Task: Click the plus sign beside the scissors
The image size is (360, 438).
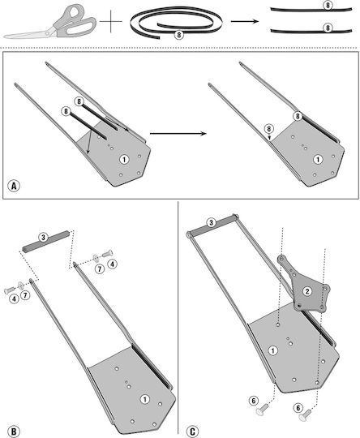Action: [111, 22]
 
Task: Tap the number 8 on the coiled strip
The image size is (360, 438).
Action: [178, 35]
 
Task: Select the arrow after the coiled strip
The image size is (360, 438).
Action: [245, 21]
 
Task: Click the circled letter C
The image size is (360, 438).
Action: [192, 431]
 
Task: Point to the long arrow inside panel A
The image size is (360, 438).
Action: [178, 134]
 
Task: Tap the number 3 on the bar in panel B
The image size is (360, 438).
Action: [43, 238]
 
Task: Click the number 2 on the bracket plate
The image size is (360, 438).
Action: [307, 291]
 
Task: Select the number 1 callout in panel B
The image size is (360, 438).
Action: [144, 399]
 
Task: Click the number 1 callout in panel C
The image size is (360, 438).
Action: [273, 351]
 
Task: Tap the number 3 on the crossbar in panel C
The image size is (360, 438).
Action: [211, 222]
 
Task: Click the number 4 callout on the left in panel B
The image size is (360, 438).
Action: [14, 298]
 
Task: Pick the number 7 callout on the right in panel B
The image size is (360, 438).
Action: [100, 268]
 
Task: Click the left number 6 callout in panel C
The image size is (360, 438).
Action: [253, 401]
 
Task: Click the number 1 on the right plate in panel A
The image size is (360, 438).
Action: [318, 160]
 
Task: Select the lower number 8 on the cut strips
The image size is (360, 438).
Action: [328, 28]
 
